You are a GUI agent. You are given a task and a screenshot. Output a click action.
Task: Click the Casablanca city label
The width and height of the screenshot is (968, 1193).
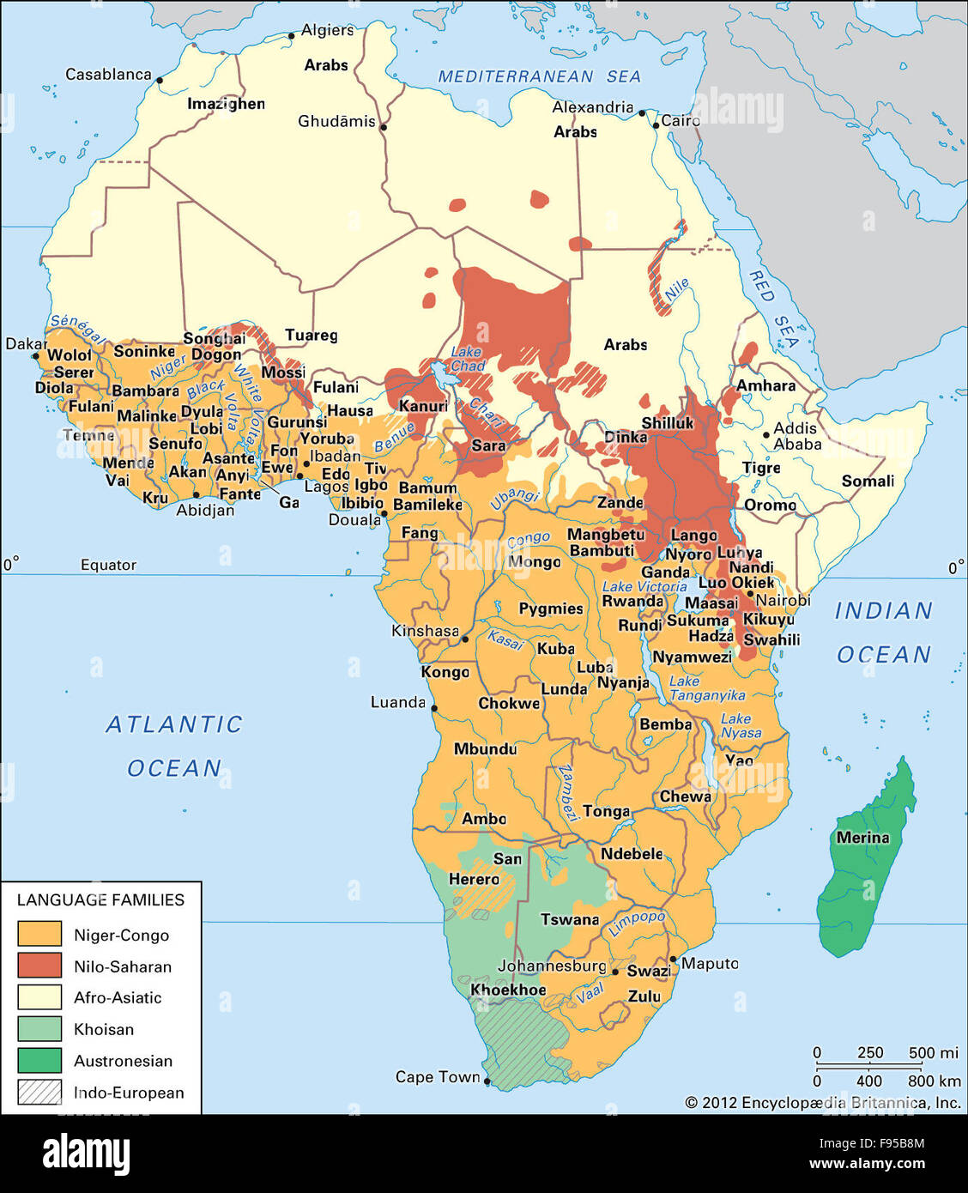[108, 75]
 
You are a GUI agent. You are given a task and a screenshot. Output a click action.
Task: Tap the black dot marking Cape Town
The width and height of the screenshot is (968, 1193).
[487, 1081]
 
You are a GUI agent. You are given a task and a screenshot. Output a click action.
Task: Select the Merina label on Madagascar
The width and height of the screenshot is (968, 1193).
[862, 838]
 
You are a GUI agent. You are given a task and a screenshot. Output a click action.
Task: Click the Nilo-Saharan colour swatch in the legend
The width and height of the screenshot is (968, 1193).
[39, 966]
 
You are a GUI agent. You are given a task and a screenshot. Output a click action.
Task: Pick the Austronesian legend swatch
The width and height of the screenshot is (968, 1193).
[39, 1060]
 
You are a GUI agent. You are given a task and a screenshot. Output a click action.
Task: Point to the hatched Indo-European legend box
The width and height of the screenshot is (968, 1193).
[39, 1092]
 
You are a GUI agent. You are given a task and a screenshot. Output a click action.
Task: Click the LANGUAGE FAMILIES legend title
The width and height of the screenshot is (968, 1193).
[100, 899]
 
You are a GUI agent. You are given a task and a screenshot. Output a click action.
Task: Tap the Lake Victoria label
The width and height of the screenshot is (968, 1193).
[644, 586]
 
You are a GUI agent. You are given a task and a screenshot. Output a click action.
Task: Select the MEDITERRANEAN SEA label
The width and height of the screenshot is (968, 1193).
[539, 76]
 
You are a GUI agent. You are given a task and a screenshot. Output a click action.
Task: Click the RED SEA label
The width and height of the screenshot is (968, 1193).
[774, 310]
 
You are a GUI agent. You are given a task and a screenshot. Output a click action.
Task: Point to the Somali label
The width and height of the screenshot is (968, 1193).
[868, 481]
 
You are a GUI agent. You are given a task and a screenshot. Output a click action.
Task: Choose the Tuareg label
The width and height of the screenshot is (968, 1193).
[311, 335]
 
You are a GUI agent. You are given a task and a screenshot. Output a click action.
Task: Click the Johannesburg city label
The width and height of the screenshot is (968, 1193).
[552, 966]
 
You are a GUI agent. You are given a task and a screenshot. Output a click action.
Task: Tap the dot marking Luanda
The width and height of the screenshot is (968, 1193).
[434, 709]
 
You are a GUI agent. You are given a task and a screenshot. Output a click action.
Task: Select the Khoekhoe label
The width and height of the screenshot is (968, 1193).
[508, 990]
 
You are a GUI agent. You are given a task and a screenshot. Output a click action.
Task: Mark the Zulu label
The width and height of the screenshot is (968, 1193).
[644, 996]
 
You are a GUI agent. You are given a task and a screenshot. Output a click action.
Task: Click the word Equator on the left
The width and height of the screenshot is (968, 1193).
[108, 565]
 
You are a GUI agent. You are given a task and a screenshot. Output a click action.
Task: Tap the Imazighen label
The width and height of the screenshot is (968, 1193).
[226, 104]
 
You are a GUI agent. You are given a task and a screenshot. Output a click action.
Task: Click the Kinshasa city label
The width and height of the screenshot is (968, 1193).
[425, 631]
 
